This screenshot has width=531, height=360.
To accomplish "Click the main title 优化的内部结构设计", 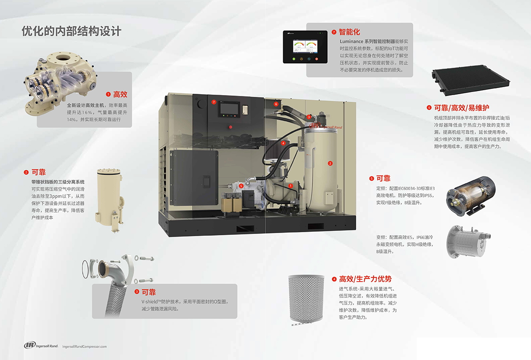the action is tap(71, 31).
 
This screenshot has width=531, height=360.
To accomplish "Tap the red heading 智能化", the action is tap(349, 32).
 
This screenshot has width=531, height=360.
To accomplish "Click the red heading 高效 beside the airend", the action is tap(120, 94).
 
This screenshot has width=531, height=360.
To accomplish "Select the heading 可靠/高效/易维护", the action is tap(461, 108).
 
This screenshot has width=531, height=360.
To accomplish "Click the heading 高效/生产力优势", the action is tap(365, 279).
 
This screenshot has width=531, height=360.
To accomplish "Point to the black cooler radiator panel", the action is tap(470, 80).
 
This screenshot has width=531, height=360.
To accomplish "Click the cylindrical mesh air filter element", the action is tap(306, 299).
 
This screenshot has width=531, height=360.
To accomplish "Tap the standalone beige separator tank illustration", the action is tap(110, 200).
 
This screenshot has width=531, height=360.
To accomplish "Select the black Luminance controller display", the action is tap(305, 47).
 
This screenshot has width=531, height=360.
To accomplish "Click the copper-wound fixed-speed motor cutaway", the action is tap(470, 196).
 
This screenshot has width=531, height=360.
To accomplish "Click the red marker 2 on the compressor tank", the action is tap(330, 163).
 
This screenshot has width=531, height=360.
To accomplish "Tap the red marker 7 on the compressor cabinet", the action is tap(214, 102).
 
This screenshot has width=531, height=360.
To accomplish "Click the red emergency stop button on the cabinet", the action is tap(230, 127).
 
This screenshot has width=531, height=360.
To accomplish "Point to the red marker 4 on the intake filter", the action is tap(283, 143).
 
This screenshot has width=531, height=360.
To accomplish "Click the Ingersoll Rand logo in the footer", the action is tap(41, 345).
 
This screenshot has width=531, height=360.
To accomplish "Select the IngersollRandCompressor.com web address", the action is tap(85, 346).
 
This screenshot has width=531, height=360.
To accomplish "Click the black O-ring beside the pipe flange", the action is tap(85, 269).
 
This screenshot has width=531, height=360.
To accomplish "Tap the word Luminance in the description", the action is tap(351, 41).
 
